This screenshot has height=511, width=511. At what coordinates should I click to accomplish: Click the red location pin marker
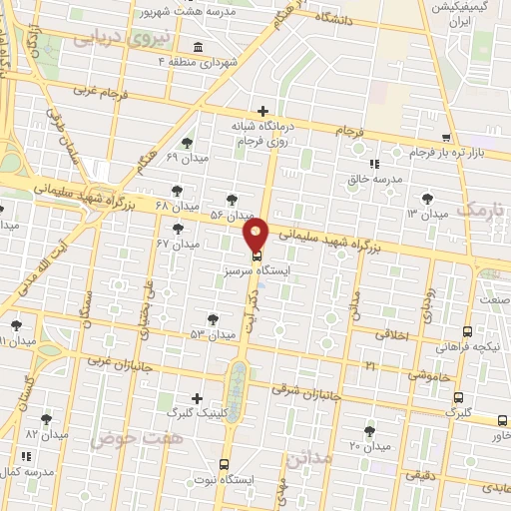pyautogui.click(x=256, y=236)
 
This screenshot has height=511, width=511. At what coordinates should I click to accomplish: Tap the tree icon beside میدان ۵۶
pyautogui.click(x=233, y=201)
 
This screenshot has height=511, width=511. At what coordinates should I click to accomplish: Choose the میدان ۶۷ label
pyautogui.click(x=178, y=244)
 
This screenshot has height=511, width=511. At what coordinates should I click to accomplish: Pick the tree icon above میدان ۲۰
pyautogui.click(x=370, y=431)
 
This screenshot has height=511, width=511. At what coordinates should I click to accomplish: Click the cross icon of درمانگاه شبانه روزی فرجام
pyautogui.click(x=262, y=111)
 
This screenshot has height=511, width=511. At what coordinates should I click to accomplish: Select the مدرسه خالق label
pyautogui.click(x=373, y=179)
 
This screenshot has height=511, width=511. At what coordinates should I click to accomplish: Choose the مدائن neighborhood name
pyautogui.click(x=307, y=458)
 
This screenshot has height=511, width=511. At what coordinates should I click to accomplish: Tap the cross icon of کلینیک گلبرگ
pyautogui.click(x=196, y=397)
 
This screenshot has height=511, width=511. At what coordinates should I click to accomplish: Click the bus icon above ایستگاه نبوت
pyautogui.click(x=224, y=464)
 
